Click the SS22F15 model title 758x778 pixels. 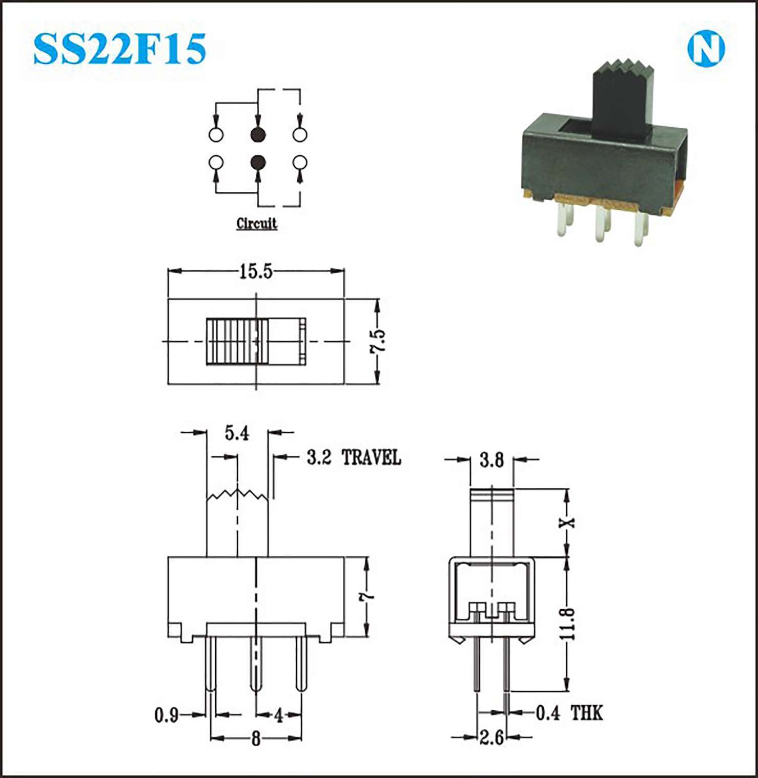click(119, 49)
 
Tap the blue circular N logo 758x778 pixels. click(706, 50)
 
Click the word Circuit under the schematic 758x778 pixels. click(257, 224)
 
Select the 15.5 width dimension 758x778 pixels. click(256, 271)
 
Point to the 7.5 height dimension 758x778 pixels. click(378, 341)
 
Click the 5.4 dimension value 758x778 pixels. click(237, 433)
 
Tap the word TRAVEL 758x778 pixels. click(371, 457)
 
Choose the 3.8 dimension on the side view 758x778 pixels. click(491, 460)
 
